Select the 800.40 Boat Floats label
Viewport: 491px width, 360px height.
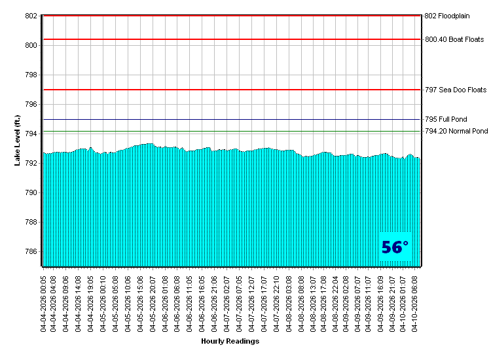(x=454, y=39)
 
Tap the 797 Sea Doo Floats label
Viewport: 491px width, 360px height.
(x=456, y=90)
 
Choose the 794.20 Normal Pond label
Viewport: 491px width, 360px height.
(x=456, y=132)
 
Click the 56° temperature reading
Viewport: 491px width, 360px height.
(x=395, y=247)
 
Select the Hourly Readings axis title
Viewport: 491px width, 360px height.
(x=230, y=341)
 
